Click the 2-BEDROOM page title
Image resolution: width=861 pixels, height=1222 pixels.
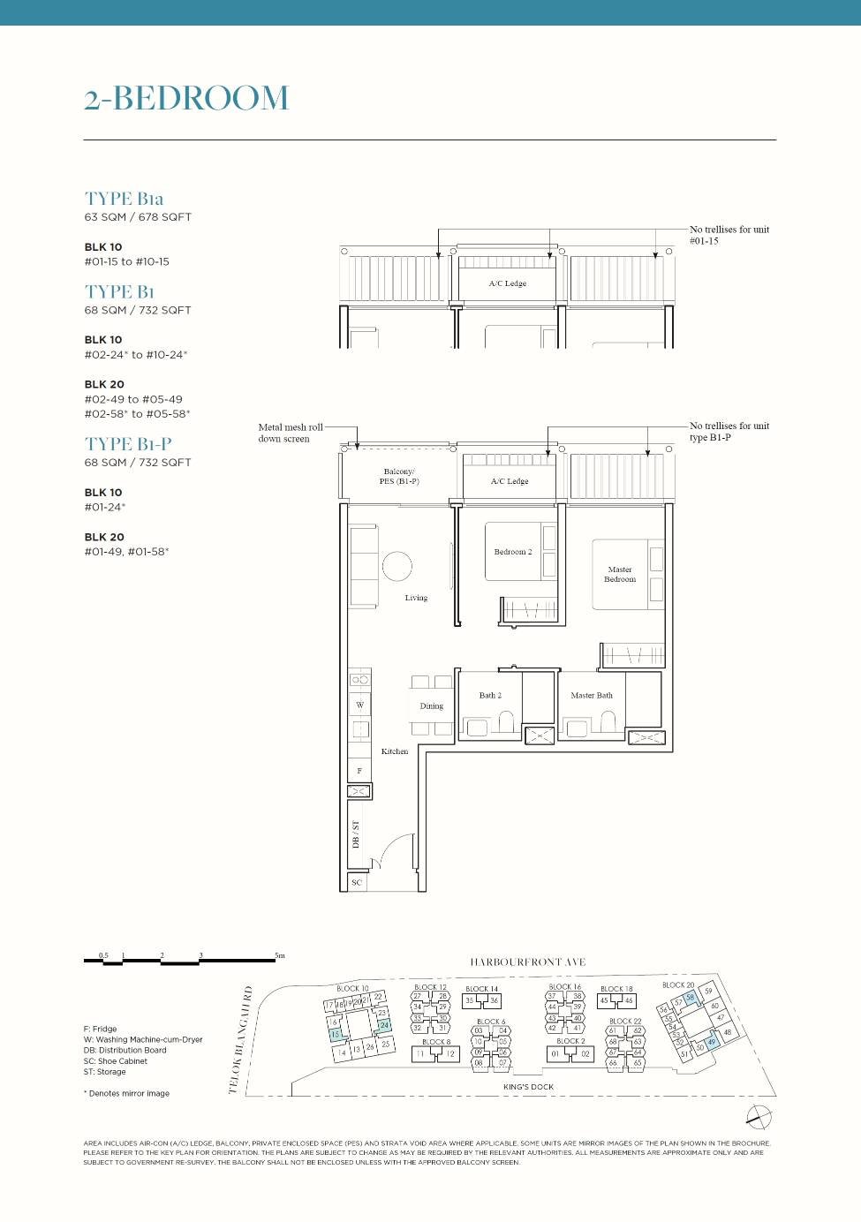(186, 98)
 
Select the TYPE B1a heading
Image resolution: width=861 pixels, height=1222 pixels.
(124, 199)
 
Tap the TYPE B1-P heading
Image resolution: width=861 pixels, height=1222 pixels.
(128, 444)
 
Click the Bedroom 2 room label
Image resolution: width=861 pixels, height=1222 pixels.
(513, 552)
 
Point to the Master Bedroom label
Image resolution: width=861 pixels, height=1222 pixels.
(620, 575)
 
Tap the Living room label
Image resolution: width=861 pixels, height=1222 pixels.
(416, 598)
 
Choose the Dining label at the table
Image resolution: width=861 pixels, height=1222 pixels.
(432, 705)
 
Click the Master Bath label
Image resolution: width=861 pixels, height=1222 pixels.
(592, 696)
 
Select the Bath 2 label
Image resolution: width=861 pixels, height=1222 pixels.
(490, 696)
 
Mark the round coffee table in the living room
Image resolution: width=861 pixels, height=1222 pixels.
(397, 566)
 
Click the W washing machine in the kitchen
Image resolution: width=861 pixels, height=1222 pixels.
(359, 705)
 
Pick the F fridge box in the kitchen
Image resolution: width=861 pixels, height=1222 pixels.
(359, 771)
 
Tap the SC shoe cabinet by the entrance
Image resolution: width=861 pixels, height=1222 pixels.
(357, 882)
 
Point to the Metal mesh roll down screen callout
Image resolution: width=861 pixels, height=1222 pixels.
(290, 433)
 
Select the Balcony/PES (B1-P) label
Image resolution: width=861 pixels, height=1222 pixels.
(399, 477)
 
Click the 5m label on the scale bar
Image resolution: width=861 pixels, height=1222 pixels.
(280, 955)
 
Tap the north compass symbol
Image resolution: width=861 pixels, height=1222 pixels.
(759, 1117)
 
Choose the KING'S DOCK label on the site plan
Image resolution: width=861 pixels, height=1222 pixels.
(528, 1087)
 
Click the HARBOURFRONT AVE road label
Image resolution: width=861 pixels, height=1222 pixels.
(527, 962)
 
